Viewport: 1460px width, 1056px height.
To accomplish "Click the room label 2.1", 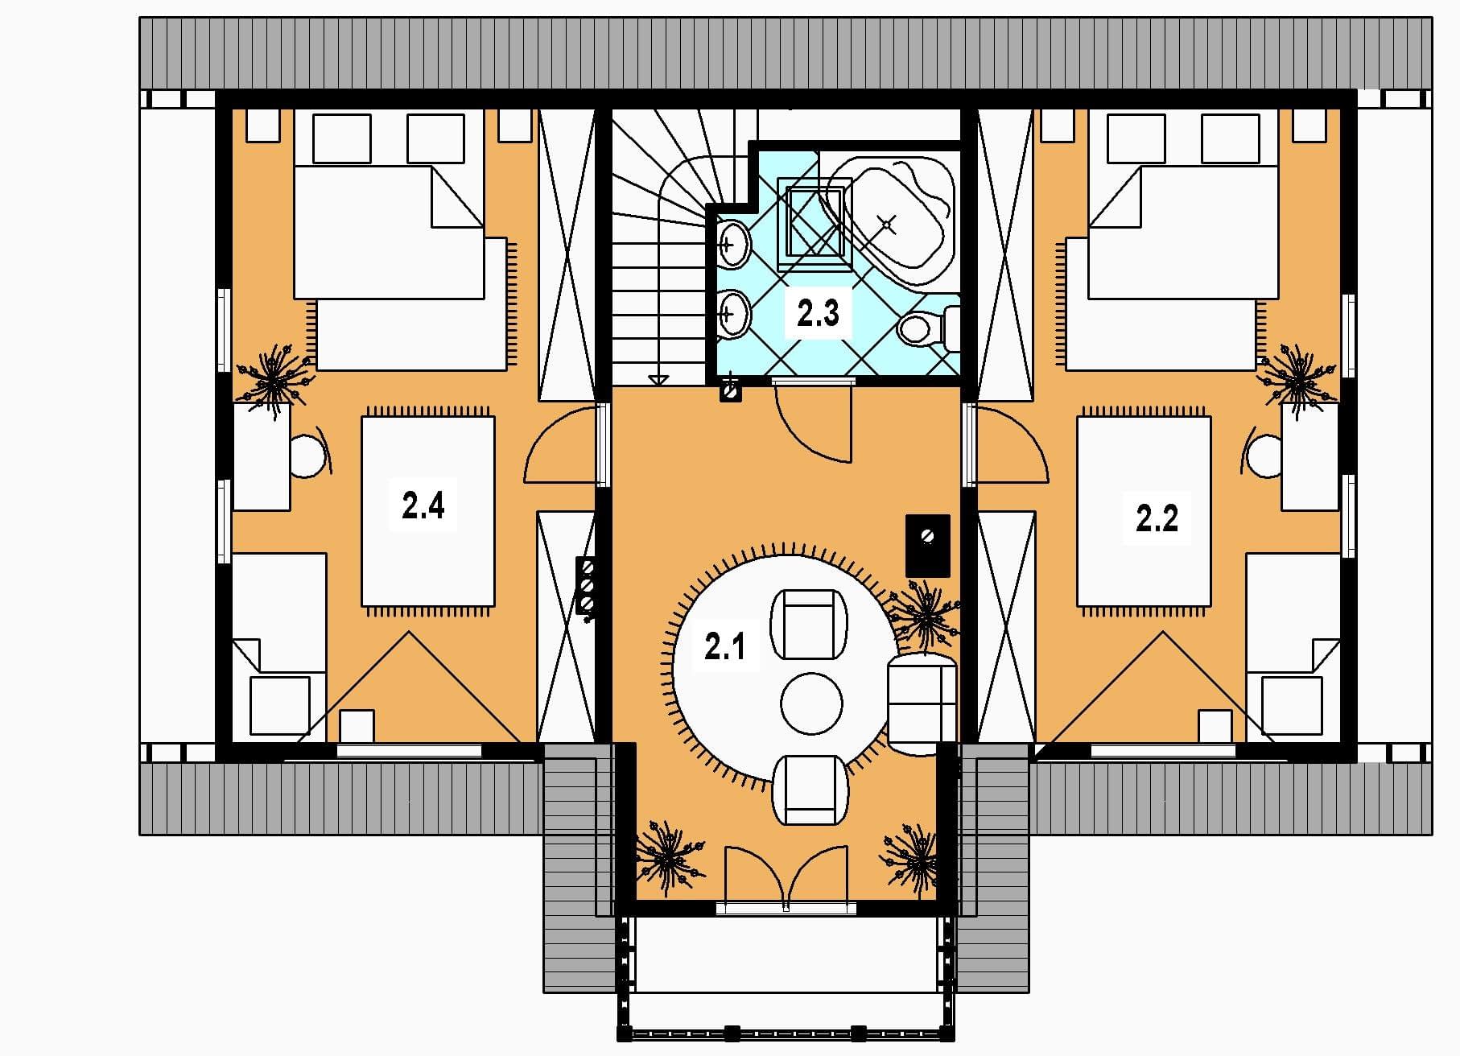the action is (x=724, y=647).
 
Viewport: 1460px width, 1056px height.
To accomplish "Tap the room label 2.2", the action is (x=1157, y=518).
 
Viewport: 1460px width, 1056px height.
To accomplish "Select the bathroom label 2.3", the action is (x=818, y=313).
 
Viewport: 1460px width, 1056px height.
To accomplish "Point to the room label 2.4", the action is (x=423, y=506).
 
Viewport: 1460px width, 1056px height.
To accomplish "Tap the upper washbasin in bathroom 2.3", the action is (x=732, y=242).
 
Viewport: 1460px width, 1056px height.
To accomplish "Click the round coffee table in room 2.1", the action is (x=811, y=703).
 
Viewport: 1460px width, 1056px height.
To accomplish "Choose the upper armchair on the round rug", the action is (x=809, y=625).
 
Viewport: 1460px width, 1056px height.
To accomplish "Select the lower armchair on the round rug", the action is (x=810, y=790).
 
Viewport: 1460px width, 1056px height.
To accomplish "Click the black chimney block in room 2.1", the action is (x=927, y=545).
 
